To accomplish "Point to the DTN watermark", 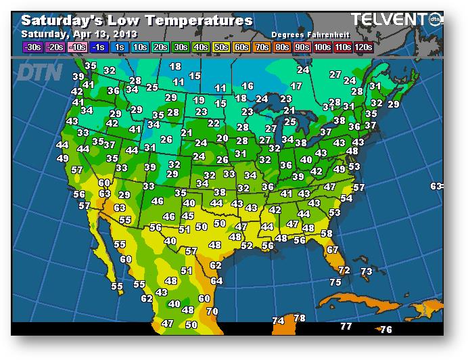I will [x=39, y=72].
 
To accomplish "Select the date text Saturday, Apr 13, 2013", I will [x=79, y=34].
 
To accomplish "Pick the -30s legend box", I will [x=33, y=47].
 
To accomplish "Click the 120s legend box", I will [x=363, y=47].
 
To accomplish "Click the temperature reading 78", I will [x=300, y=318].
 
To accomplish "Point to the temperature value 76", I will [x=386, y=330].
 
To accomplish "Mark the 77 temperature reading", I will [x=346, y=326].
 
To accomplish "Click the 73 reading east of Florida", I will [x=366, y=271].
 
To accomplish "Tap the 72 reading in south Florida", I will [x=344, y=270].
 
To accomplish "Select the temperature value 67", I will [x=332, y=250].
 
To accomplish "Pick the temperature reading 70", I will [x=212, y=311].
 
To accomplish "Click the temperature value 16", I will [x=248, y=86].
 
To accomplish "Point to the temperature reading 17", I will [x=296, y=86].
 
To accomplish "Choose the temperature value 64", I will [x=216, y=281].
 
